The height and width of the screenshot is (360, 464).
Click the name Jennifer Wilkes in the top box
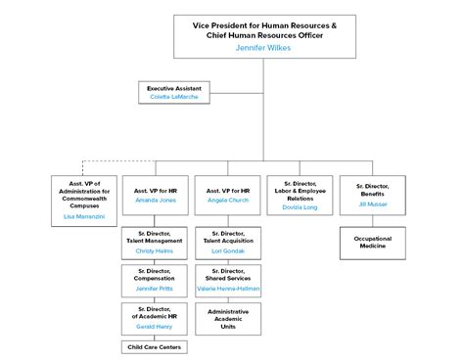263,46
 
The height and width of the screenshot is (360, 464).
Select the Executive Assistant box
180,93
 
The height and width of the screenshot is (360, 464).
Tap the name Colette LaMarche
180,98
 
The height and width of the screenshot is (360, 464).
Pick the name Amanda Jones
157,199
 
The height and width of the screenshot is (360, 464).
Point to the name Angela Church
228,199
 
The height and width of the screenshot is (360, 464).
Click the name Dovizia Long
300,206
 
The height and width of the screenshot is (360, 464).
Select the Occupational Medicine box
372,242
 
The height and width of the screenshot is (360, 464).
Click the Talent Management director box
157,244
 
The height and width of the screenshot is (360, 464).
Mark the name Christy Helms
157,250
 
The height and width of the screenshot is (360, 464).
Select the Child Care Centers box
157,346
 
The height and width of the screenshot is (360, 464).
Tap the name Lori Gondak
228,250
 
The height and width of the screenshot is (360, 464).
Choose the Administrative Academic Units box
228,318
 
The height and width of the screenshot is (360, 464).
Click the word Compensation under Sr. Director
157,277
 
